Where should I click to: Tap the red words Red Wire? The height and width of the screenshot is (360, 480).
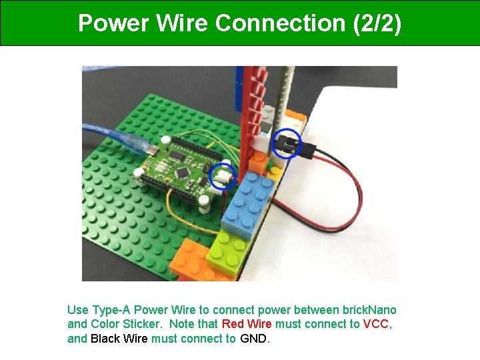[247, 324]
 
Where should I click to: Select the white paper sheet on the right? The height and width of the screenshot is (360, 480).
[360, 220]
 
